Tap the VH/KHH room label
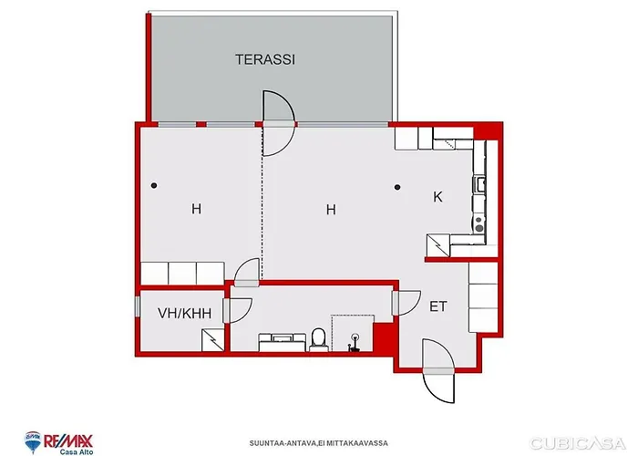(184, 313)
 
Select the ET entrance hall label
(438, 306)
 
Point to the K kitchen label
(437, 197)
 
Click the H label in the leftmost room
(196, 209)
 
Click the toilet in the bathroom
(318, 339)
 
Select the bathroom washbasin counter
(282, 342)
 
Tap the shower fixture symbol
(354, 343)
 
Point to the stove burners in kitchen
(479, 224)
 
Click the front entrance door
(438, 371)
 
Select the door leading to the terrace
(278, 123)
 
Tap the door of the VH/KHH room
(238, 311)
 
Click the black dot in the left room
(154, 186)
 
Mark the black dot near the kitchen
(397, 187)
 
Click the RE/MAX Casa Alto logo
(59, 442)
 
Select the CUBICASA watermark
(578, 443)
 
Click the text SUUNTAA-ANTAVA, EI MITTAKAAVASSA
(319, 443)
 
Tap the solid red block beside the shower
(383, 337)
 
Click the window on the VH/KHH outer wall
(138, 306)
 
